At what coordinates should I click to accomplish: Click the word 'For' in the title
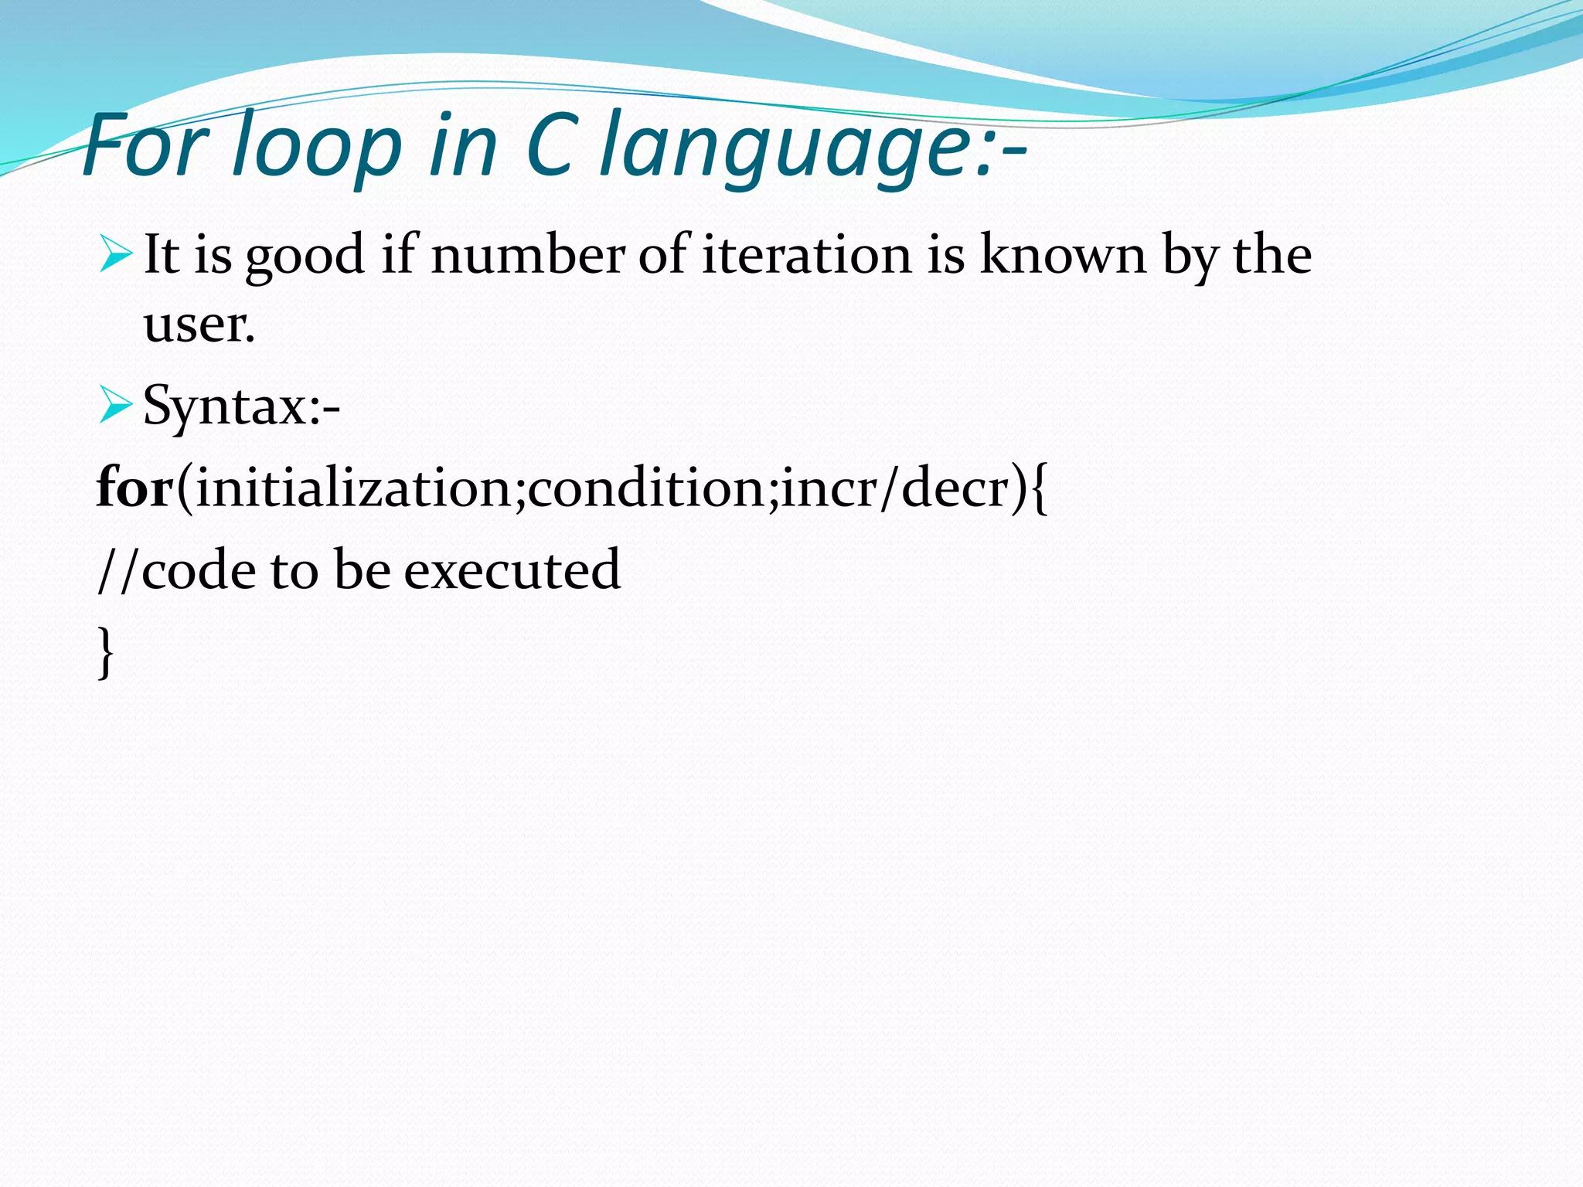point(147,145)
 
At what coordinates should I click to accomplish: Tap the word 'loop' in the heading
point(318,147)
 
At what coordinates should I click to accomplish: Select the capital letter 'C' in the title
point(550,145)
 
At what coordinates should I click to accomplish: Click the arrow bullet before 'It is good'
point(117,256)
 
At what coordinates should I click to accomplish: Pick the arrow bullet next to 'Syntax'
point(117,406)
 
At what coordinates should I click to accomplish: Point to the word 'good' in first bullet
point(305,258)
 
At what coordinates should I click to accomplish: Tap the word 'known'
point(1063,254)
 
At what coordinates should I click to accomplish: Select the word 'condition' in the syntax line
point(646,488)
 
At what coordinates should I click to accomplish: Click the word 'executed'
point(512,570)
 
